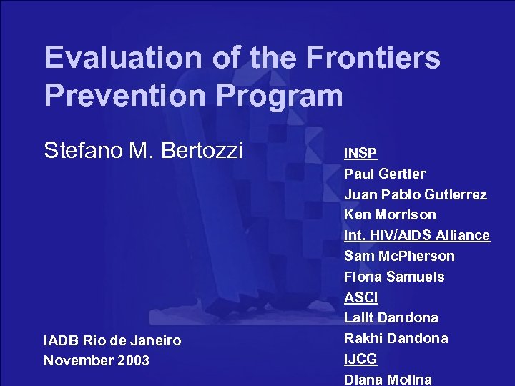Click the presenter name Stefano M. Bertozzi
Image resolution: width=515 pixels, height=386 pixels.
click(144, 151)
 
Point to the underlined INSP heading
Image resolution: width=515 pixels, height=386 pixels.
click(360, 153)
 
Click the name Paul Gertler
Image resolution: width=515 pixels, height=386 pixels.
click(385, 174)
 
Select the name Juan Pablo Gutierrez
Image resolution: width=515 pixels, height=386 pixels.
click(416, 194)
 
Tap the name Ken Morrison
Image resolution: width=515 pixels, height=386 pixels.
click(390, 214)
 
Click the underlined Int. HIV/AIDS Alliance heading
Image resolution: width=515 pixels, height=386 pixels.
click(417, 235)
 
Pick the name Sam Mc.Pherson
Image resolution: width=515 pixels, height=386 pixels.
click(399, 256)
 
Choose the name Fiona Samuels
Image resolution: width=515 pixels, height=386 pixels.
click(394, 277)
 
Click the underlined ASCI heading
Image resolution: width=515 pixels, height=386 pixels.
click(361, 297)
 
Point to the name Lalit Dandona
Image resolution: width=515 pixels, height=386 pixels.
click(391, 317)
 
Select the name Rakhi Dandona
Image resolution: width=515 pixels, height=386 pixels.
click(396, 338)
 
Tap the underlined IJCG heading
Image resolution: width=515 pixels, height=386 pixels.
click(360, 359)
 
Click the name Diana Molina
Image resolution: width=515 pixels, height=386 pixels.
click(388, 379)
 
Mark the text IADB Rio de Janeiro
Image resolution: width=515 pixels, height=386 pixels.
click(112, 341)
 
